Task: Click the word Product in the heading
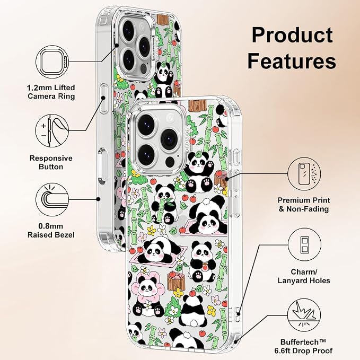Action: pos(292,35)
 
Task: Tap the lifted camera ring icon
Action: pos(52,62)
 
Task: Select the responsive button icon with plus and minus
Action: pos(52,131)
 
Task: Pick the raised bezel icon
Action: pos(52,199)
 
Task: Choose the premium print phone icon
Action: pos(304,174)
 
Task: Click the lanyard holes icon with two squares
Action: pos(304,245)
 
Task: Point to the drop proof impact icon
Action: pos(304,315)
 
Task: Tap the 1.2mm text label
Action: pos(37,87)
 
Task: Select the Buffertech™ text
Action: pos(303,342)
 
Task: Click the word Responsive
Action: pos(51,158)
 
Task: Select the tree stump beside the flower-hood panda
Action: pos(177,280)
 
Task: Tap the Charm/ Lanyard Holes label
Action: pos(304,276)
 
